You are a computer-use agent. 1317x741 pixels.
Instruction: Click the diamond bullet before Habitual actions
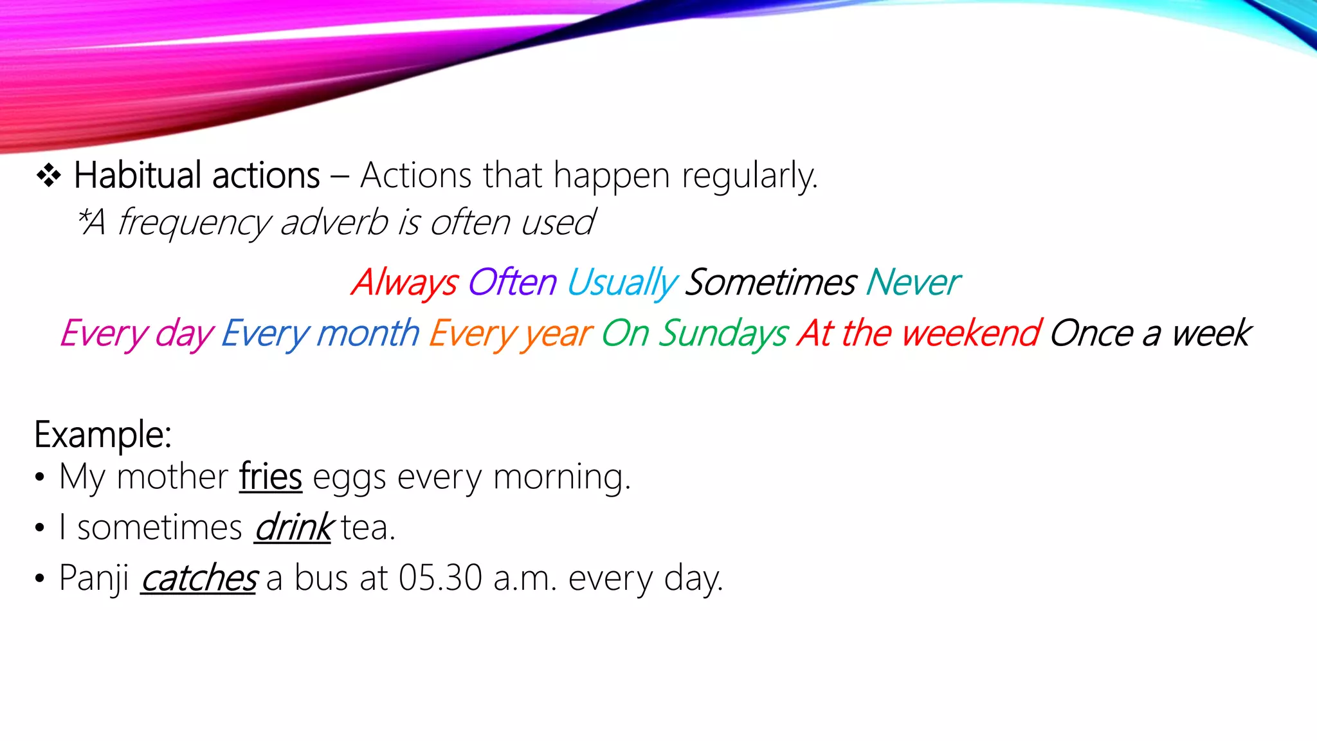click(x=49, y=176)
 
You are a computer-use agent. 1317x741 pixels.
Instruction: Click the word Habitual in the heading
click(x=138, y=176)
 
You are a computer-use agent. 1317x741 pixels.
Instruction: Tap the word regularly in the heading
click(x=749, y=176)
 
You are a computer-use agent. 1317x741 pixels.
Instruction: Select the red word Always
click(x=404, y=282)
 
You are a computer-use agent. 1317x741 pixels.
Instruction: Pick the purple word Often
click(x=512, y=282)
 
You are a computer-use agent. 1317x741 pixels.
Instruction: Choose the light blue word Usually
click(x=621, y=282)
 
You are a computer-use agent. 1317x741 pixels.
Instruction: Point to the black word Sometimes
click(x=770, y=282)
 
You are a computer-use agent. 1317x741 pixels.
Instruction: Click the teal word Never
click(x=913, y=282)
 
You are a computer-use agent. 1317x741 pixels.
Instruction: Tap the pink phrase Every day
click(x=136, y=334)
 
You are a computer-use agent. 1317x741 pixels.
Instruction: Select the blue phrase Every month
click(x=320, y=334)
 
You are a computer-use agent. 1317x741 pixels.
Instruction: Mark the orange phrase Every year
click(x=510, y=334)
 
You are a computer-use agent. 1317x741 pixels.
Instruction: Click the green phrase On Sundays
click(x=695, y=334)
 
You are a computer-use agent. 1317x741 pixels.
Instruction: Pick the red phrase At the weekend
click(x=919, y=334)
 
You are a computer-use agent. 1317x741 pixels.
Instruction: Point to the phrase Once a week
click(x=1150, y=334)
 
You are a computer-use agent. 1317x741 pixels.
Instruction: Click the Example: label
click(x=103, y=435)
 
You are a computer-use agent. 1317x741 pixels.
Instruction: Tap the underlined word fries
click(x=271, y=477)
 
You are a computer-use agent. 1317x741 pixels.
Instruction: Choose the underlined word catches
click(x=199, y=578)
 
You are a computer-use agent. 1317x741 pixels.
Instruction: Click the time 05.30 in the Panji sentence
click(x=440, y=578)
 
